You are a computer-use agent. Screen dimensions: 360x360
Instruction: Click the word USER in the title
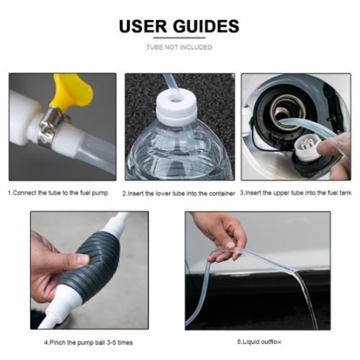(x=143, y=26)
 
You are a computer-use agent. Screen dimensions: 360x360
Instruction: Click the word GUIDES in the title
(x=206, y=26)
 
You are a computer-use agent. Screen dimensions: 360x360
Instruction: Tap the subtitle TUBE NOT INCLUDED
(x=179, y=47)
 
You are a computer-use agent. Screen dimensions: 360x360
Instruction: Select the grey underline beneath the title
(x=179, y=37)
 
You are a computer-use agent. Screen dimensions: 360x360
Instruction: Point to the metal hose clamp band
(x=48, y=127)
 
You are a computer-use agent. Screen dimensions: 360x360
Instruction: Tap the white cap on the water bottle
(x=176, y=108)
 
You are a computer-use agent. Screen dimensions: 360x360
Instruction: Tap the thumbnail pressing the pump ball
(x=83, y=260)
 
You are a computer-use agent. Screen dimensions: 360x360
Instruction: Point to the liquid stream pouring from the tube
(x=306, y=300)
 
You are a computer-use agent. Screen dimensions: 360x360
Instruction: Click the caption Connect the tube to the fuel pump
(x=58, y=193)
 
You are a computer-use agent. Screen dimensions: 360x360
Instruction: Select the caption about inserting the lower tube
(x=179, y=194)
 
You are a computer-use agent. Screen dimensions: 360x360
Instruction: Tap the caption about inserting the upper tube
(x=296, y=193)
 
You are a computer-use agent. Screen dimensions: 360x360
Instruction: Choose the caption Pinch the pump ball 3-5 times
(x=89, y=343)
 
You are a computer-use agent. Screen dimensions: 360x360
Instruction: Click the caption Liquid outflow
(x=259, y=342)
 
